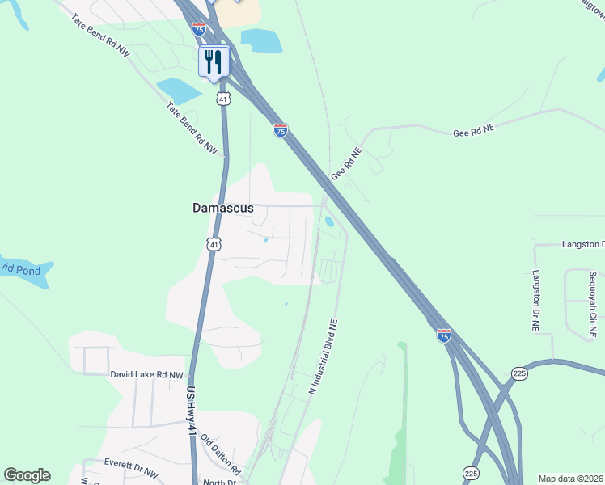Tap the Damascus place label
222,208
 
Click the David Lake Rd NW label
147,375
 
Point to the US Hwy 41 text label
191,413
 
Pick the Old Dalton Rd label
221,455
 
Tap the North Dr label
218,482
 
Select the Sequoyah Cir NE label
592,304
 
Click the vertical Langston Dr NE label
535,302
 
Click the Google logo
27,475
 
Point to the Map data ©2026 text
571,479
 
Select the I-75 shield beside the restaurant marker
199,28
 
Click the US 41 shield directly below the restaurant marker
223,99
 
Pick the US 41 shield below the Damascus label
213,243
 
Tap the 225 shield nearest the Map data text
470,472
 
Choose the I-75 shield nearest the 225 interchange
443,335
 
